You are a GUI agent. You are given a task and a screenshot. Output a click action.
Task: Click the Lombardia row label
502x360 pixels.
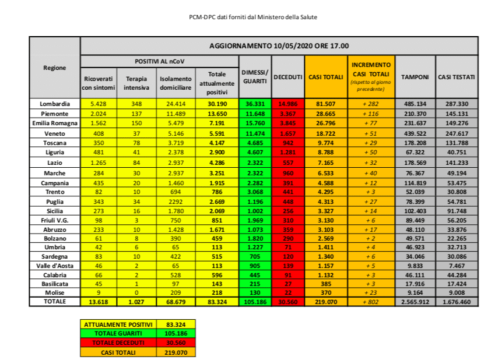(x=54, y=103)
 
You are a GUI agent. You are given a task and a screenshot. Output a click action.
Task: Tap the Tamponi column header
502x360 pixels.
(x=415, y=77)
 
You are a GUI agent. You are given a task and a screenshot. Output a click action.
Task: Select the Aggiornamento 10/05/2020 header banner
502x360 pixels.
(x=279, y=45)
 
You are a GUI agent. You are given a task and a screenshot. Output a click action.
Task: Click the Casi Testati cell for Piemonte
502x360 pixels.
(x=457, y=113)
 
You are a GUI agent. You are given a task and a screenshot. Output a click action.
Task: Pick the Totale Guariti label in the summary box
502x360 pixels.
(x=118, y=334)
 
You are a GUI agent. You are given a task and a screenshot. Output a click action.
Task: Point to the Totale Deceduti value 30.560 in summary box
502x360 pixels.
(x=175, y=343)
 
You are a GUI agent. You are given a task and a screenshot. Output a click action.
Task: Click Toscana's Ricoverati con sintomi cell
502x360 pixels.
(x=98, y=143)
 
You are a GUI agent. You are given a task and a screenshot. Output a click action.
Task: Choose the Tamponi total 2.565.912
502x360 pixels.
(x=415, y=302)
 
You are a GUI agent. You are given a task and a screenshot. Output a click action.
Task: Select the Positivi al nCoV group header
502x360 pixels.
(x=159, y=61)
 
